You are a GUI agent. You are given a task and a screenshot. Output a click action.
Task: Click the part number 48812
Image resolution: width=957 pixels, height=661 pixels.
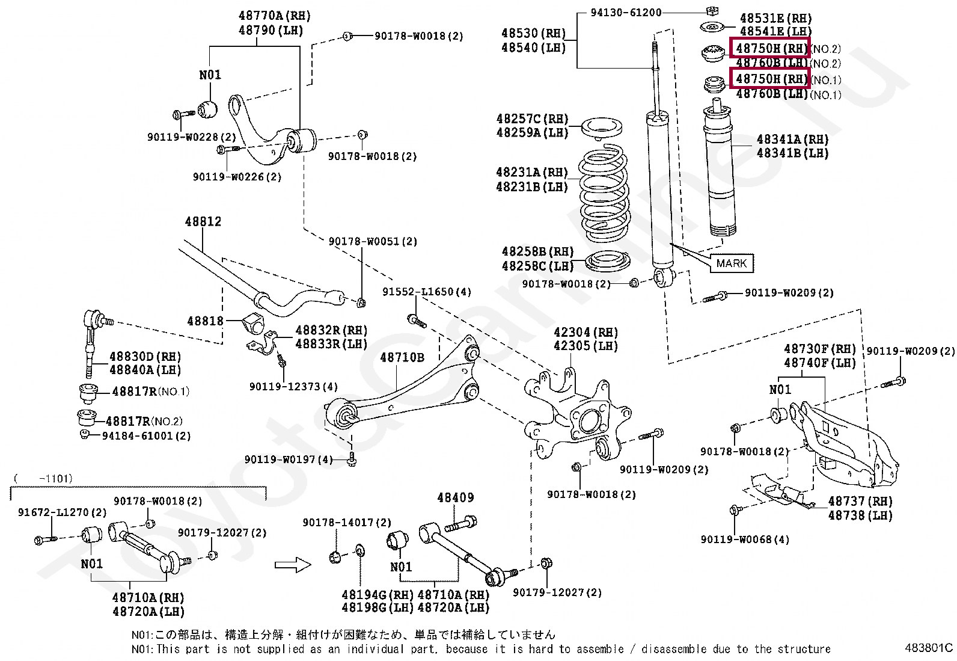click(x=203, y=222)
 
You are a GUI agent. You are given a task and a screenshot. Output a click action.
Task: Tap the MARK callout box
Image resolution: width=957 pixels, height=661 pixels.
click(x=731, y=263)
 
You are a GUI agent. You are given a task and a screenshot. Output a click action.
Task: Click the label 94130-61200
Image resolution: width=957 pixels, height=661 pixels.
click(x=626, y=12)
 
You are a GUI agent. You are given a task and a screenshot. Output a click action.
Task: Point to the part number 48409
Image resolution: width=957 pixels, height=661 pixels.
click(x=455, y=498)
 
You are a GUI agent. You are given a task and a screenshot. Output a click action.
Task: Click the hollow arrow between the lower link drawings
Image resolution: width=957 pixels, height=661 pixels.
click(x=292, y=565)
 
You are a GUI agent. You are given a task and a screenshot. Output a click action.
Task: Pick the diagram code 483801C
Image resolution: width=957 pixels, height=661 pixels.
click(x=929, y=648)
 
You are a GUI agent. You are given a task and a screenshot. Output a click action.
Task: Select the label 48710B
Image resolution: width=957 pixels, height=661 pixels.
click(x=402, y=358)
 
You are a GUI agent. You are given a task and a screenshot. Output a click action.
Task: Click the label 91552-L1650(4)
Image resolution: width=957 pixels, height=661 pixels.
click(x=427, y=292)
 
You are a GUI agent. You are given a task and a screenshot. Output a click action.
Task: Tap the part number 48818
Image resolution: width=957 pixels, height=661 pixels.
click(x=205, y=321)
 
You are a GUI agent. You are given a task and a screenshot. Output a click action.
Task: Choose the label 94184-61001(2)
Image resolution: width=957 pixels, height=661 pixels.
click(x=146, y=436)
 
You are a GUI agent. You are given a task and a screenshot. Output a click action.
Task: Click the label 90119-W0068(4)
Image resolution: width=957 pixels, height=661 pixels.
click(x=745, y=540)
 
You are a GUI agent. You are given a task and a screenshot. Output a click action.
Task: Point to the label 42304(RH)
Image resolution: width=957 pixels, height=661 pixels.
click(x=586, y=333)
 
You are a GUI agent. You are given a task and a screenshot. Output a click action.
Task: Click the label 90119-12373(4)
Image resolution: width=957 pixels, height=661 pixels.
click(x=293, y=387)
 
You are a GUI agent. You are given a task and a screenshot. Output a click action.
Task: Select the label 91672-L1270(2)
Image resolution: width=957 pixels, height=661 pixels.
click(x=62, y=512)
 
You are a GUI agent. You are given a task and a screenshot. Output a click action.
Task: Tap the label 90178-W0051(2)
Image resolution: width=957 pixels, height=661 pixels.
click(x=373, y=242)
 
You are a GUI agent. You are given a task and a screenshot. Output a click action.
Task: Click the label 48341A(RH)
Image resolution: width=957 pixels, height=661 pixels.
click(x=792, y=140)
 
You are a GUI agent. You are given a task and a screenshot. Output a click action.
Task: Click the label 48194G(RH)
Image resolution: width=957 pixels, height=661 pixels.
click(x=378, y=595)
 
